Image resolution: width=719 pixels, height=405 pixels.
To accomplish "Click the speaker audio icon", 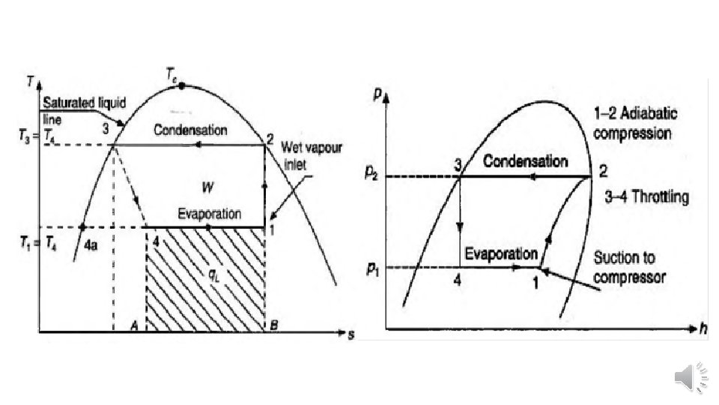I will coord(691,375).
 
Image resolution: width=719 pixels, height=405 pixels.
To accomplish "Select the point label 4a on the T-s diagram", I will coord(90,245).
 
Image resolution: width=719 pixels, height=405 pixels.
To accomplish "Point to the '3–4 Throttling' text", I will coord(646,198).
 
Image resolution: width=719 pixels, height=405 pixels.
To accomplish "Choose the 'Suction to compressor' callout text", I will coord(629,267).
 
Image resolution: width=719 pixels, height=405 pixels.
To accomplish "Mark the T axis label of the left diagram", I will coord(28,80).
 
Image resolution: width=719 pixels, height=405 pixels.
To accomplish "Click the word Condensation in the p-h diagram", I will coord(525,162).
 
